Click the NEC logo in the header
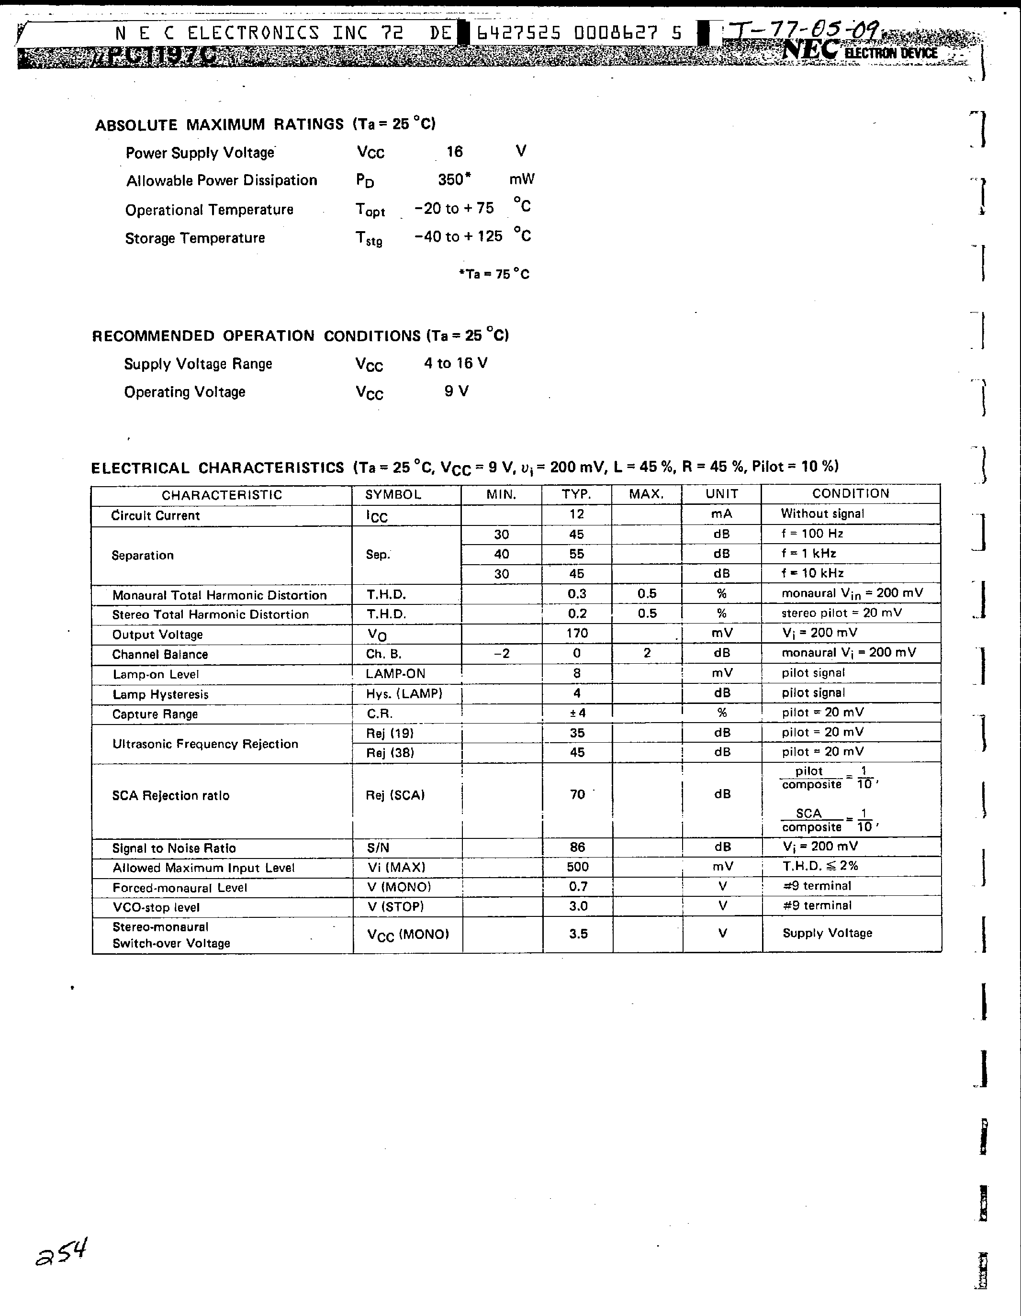tap(810, 51)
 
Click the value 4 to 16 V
tap(456, 363)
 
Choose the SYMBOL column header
tap(393, 494)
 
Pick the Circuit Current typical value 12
tap(576, 514)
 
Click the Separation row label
tap(143, 555)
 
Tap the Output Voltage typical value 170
tap(577, 633)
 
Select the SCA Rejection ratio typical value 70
tap(577, 794)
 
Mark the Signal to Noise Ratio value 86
tap(577, 847)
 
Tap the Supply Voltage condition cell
tap(827, 933)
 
